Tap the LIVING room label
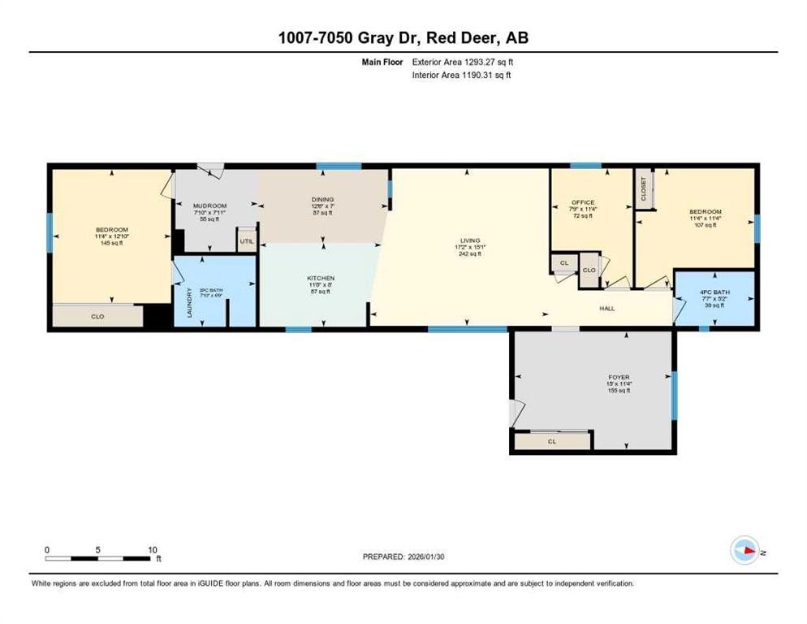(x=470, y=240)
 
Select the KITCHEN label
(x=320, y=279)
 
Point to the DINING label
(x=322, y=199)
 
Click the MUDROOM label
(x=209, y=206)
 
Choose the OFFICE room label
(x=582, y=202)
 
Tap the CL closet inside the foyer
(x=551, y=441)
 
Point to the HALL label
(x=607, y=308)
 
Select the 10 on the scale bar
(x=152, y=550)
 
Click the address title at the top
(x=403, y=37)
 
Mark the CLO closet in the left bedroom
(x=97, y=315)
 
